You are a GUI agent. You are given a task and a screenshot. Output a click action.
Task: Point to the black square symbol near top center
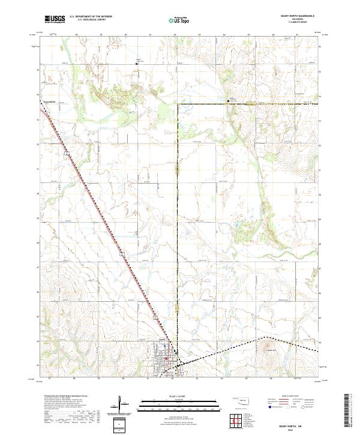coord(136,62)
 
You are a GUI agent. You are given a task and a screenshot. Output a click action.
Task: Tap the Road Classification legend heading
coord(288,397)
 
